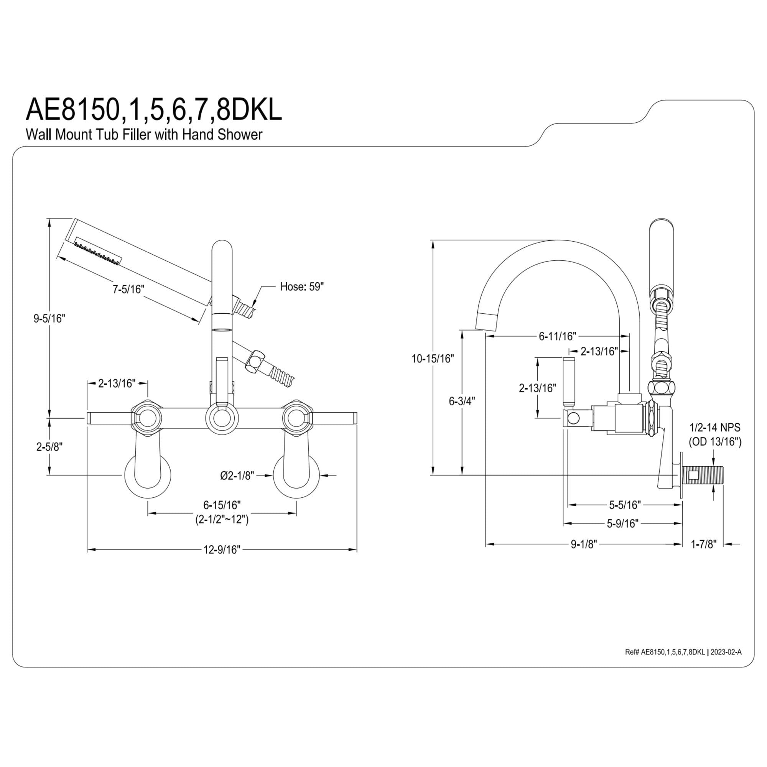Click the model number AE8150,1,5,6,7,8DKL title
pos(154,110)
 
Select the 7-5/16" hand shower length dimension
pos(128,289)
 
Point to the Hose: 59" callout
pos(302,286)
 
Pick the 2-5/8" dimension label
pos(49,447)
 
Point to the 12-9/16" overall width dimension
pos(222,550)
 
